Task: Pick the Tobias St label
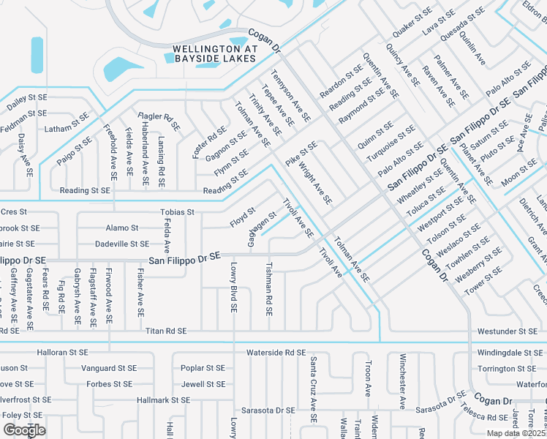[x=177, y=212]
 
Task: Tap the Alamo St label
[x=122, y=228]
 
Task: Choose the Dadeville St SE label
[x=122, y=244]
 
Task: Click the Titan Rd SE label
[x=166, y=331]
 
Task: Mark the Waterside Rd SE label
[x=275, y=353]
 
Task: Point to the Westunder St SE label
[x=507, y=331]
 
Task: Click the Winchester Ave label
[x=402, y=381]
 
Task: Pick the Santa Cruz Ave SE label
[x=313, y=389]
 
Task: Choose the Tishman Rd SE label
[x=269, y=289]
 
